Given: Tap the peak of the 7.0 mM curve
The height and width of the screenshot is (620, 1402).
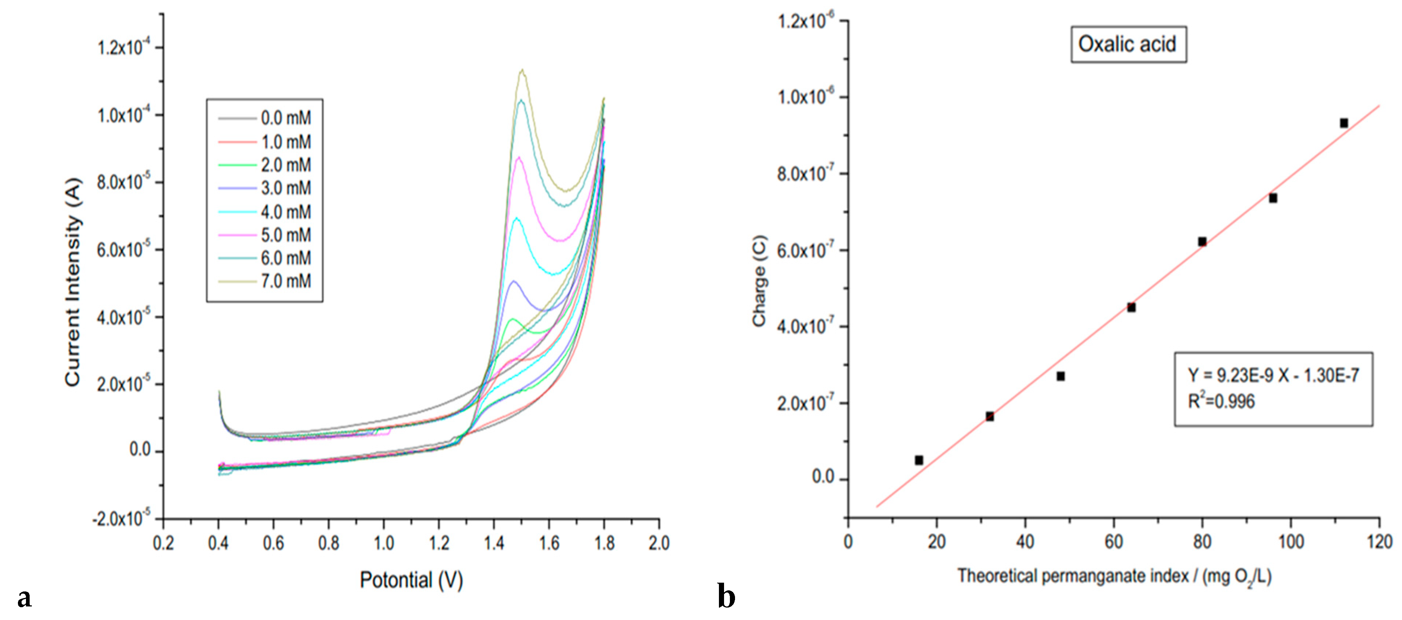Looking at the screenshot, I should [522, 70].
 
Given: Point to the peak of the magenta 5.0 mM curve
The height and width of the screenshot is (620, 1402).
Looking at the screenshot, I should [519, 157].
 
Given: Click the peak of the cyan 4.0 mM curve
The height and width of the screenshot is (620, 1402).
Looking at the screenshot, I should [517, 218].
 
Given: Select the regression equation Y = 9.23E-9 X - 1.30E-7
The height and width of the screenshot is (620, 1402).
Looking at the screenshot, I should [1273, 375].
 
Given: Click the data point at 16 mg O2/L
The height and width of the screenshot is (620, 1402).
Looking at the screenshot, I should [919, 460].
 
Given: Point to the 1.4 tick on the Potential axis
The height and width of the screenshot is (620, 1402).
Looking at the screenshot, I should [494, 543].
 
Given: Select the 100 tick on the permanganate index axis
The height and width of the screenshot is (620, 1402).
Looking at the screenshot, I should [1290, 542].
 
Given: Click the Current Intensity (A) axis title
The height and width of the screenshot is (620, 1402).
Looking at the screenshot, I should [73, 282].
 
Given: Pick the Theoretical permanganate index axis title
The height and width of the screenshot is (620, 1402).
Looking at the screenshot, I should [1114, 576].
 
